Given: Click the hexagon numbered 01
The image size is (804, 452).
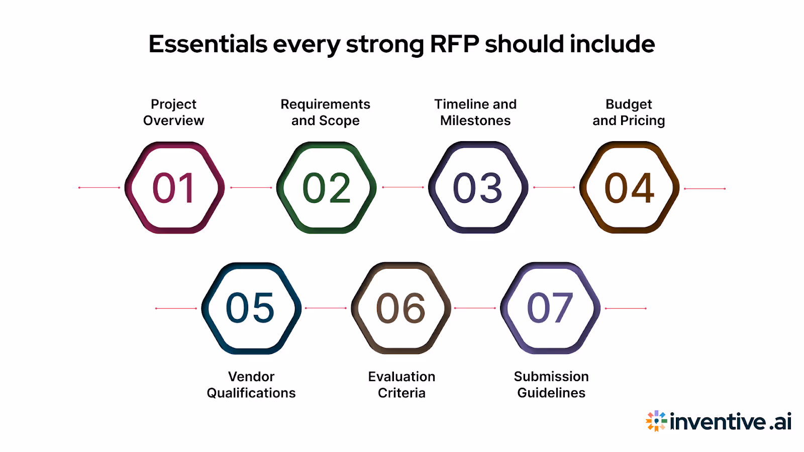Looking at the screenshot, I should coord(174,188).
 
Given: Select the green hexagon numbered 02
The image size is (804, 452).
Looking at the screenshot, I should coord(327,188).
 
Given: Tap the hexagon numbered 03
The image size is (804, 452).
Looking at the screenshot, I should coord(478,188).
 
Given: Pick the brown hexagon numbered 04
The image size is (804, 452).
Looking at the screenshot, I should coord(629,188).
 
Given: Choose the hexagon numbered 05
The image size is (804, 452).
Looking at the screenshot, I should coord(251,308).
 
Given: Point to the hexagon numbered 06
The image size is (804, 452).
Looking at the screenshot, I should coord(401,308).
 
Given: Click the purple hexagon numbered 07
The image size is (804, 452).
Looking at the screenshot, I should coord(550,308).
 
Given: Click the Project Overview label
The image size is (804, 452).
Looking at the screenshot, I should coord(174,112).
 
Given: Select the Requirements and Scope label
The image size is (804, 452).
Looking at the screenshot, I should coord(326,112).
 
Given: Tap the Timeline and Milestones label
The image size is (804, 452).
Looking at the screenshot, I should coord(475,112).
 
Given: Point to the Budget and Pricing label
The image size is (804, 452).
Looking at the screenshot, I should coord(629,112).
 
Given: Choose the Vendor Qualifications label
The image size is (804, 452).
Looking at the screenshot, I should coord(251,385).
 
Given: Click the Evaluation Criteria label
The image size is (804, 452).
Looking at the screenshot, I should coord(401,385).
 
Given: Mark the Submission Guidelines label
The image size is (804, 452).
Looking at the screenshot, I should coord(551,385).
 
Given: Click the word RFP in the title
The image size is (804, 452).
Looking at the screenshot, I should coord(454,44).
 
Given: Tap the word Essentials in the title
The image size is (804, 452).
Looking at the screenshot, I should coord(208,44).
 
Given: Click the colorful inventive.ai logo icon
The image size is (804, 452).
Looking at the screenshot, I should coord(656,421).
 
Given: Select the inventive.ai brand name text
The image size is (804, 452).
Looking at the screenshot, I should coord(731,421).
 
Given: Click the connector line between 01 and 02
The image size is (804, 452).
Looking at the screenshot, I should coord(251,188).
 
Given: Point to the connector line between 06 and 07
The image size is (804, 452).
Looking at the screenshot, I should coord(475,308).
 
